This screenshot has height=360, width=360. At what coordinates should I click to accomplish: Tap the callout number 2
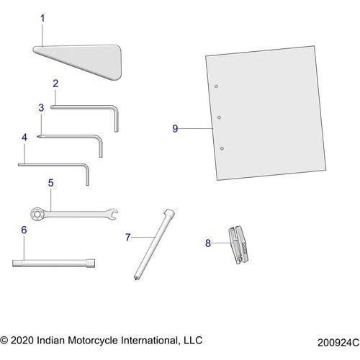tap(55, 84)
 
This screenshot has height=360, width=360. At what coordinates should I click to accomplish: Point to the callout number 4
tap(24, 136)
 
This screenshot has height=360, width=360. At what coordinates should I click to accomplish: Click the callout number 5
tap(50, 183)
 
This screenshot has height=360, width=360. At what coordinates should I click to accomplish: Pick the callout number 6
tap(24, 230)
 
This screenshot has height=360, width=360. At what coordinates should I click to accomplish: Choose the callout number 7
tap(128, 236)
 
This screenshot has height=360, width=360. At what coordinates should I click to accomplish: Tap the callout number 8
tap(208, 243)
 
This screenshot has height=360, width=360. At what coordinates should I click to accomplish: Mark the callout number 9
tap(175, 128)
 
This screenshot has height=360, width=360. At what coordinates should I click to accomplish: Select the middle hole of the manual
tap(219, 117)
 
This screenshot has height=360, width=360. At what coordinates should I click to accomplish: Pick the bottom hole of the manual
tap(222, 148)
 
